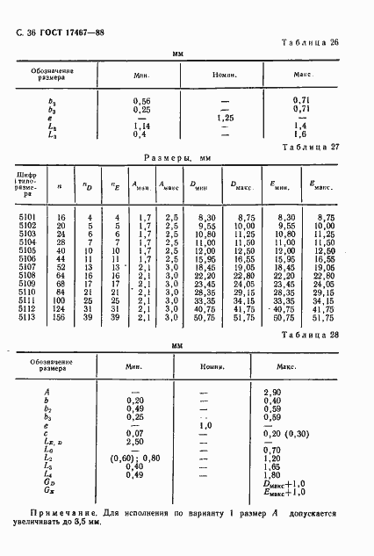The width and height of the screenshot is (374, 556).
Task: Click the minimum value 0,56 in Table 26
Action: pos(141,101)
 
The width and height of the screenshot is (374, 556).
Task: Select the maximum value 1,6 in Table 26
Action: pos(300,134)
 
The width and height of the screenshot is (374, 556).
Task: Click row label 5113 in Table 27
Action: pos(27,317)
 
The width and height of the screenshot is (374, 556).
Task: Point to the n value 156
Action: pos(61,317)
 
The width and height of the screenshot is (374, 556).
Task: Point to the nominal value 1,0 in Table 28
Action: pos(207,424)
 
